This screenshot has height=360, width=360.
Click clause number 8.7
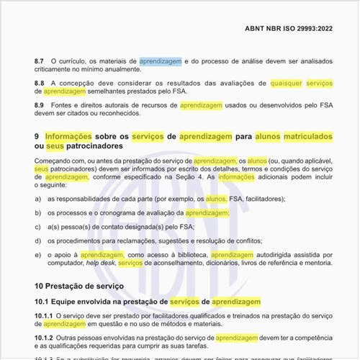[x=40, y=63]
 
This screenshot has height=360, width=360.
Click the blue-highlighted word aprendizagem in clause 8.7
[x=161, y=63]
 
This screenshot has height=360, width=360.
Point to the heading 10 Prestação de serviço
[x=79, y=286]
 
